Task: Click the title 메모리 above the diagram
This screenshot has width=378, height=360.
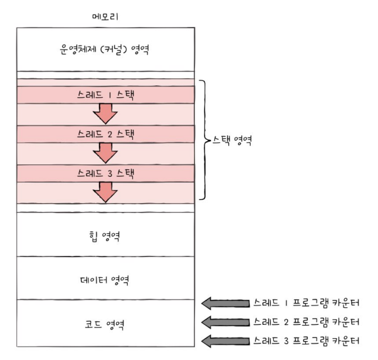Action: [x=105, y=16]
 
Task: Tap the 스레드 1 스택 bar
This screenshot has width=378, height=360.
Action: [x=105, y=95]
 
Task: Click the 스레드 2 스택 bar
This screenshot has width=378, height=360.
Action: [x=105, y=134]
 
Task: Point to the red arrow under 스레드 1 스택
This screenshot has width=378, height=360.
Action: [x=105, y=114]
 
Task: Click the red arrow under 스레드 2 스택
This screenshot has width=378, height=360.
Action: [x=105, y=152]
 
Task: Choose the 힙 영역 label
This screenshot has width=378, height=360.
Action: [x=105, y=236]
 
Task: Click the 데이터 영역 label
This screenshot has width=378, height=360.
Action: [x=105, y=278]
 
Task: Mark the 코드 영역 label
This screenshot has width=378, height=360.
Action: [x=105, y=324]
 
